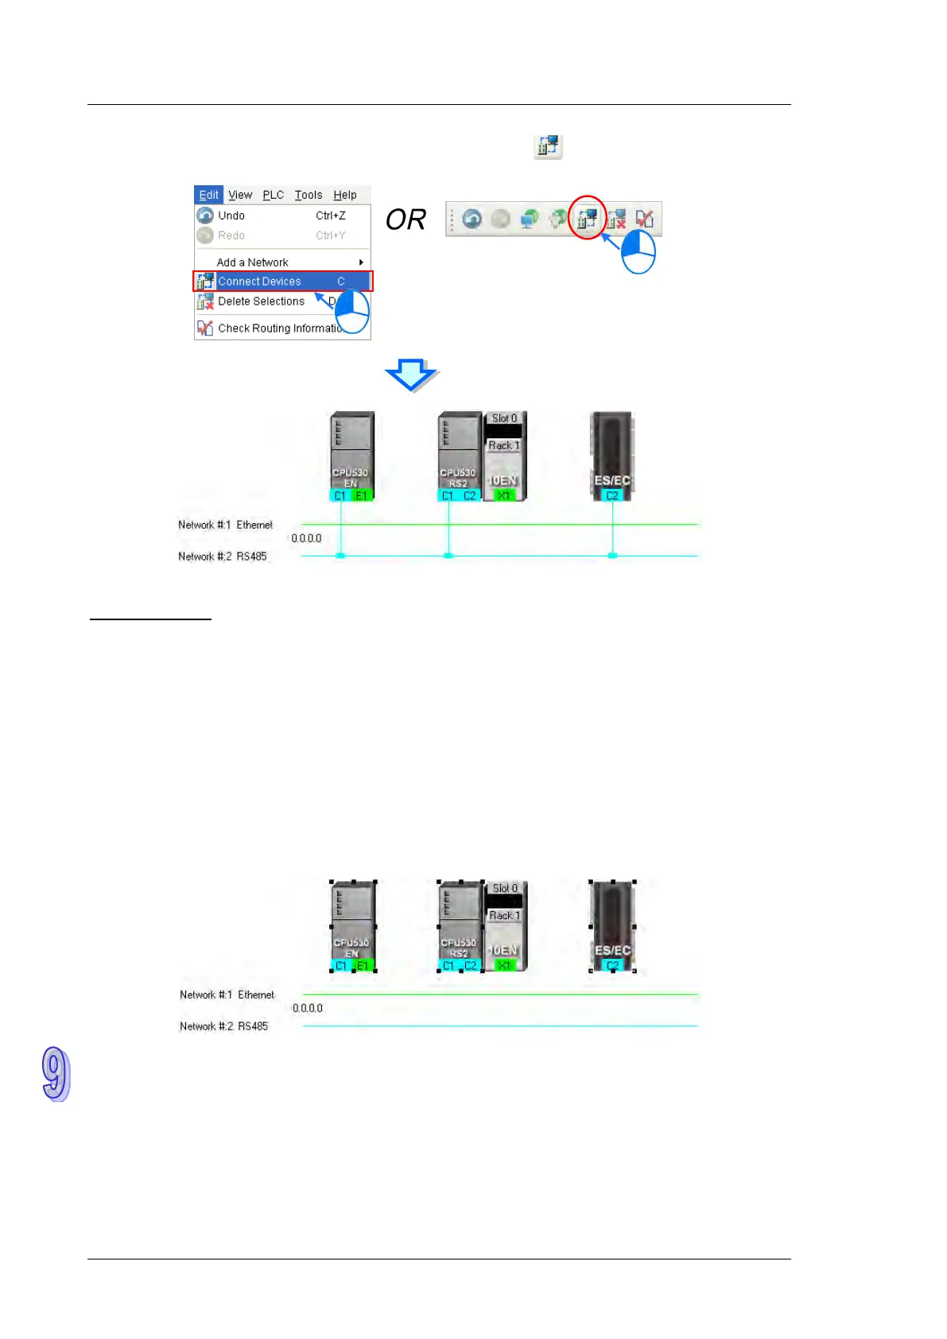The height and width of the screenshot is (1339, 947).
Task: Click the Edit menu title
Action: tap(208, 195)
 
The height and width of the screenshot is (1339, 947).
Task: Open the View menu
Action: tap(240, 195)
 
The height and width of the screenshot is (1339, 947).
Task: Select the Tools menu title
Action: tap(309, 195)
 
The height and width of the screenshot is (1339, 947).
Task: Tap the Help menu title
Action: tap(345, 195)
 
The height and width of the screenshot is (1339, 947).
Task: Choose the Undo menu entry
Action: tap(231, 215)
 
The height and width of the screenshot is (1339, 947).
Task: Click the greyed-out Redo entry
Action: tap(231, 235)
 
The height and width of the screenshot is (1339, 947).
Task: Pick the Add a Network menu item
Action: tap(253, 262)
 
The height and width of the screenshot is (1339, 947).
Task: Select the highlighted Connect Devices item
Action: tap(260, 281)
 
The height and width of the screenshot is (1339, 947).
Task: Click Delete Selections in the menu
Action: tap(262, 301)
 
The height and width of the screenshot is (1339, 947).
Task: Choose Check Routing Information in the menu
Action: tap(278, 328)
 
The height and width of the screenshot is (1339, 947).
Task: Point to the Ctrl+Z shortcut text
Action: tap(331, 215)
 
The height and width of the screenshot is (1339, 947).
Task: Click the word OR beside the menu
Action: tap(406, 219)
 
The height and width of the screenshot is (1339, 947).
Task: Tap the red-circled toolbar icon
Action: tap(588, 218)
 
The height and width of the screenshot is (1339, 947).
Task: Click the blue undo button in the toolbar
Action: tap(472, 219)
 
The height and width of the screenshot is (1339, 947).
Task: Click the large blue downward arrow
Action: tap(411, 375)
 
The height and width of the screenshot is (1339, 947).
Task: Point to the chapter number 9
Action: tap(56, 1074)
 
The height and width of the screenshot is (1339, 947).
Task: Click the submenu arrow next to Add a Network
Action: tap(361, 262)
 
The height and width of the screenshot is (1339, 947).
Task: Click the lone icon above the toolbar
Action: tap(548, 146)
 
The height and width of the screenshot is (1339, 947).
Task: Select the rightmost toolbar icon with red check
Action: tap(644, 219)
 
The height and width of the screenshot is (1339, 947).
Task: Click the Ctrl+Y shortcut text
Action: tap(331, 235)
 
